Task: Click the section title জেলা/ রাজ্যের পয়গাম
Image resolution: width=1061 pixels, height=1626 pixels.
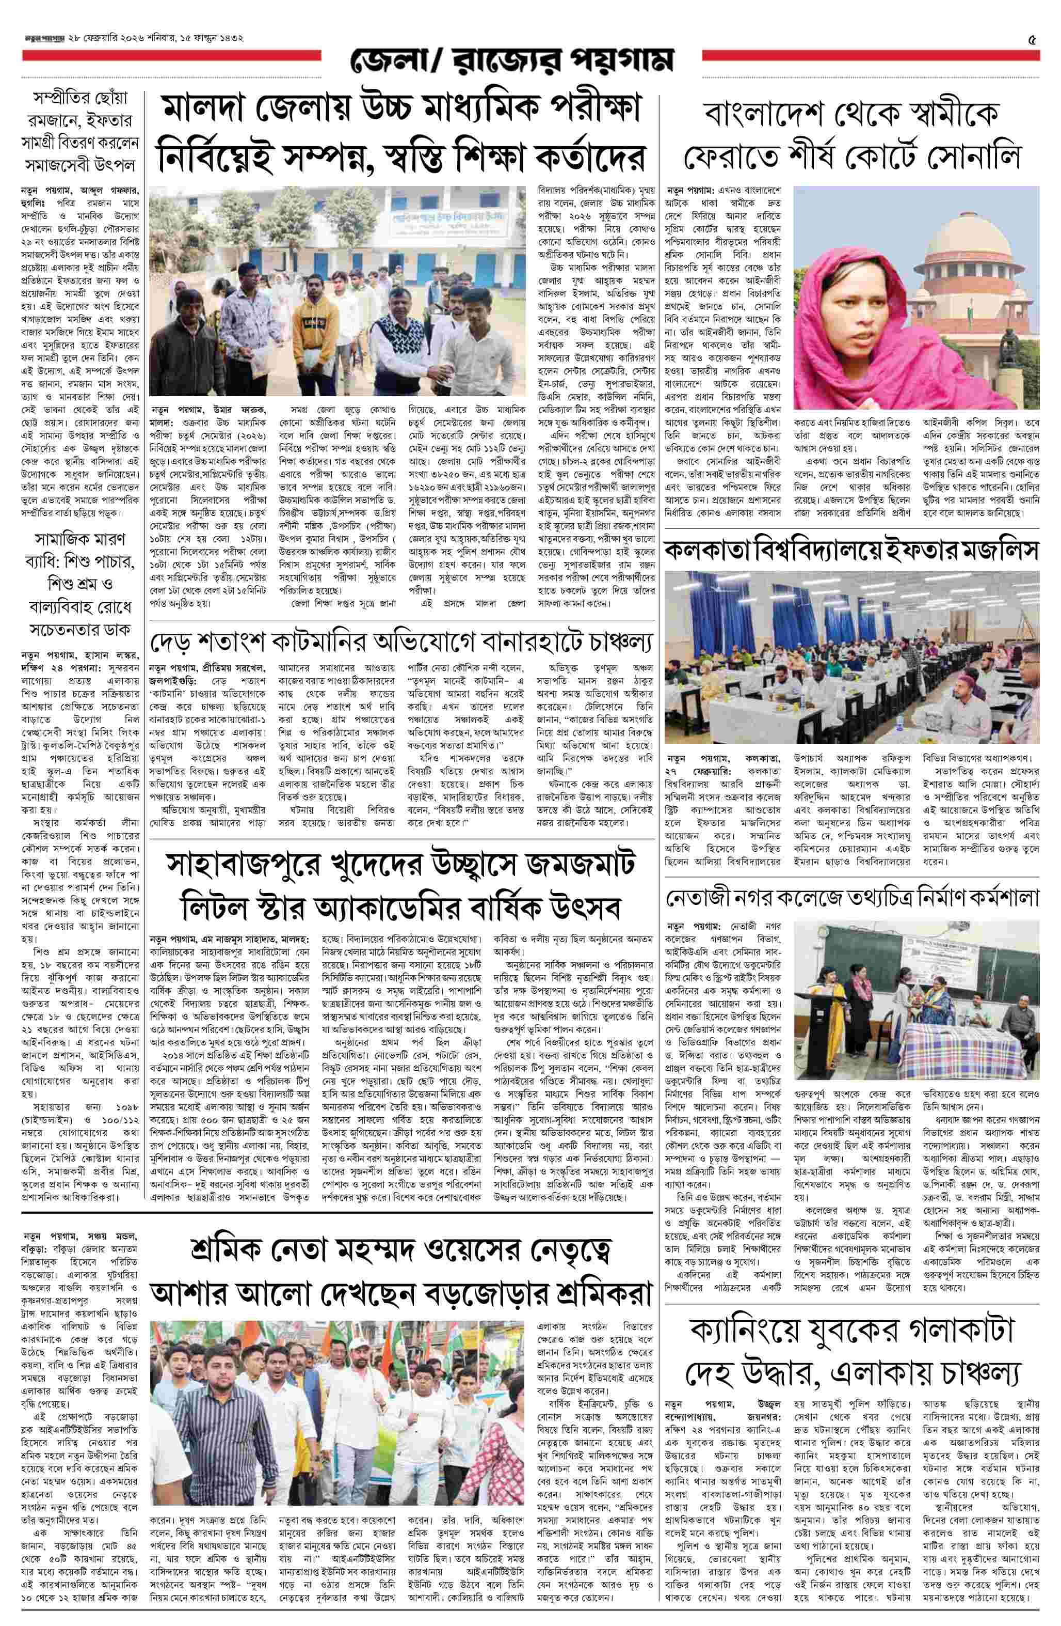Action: (512, 61)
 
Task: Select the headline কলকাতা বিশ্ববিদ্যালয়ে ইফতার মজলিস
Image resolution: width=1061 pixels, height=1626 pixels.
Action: (852, 551)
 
